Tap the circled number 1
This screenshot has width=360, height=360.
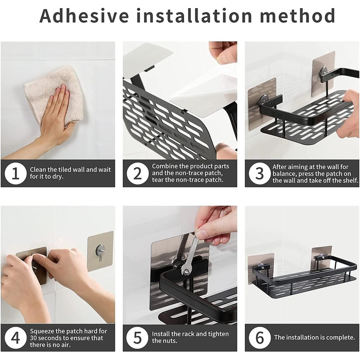(x=15, y=173)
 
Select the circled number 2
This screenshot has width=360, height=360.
(x=137, y=173)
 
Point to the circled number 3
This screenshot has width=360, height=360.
(x=259, y=173)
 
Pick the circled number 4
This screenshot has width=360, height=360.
(x=15, y=338)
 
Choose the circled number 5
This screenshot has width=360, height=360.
(x=137, y=338)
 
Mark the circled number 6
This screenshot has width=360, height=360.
(x=259, y=338)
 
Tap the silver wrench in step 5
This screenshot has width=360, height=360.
(x=188, y=255)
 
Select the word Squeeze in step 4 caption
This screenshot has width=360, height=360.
(x=42, y=331)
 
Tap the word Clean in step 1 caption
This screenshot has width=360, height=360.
(x=38, y=170)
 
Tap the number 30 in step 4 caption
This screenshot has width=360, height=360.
(x=33, y=338)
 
